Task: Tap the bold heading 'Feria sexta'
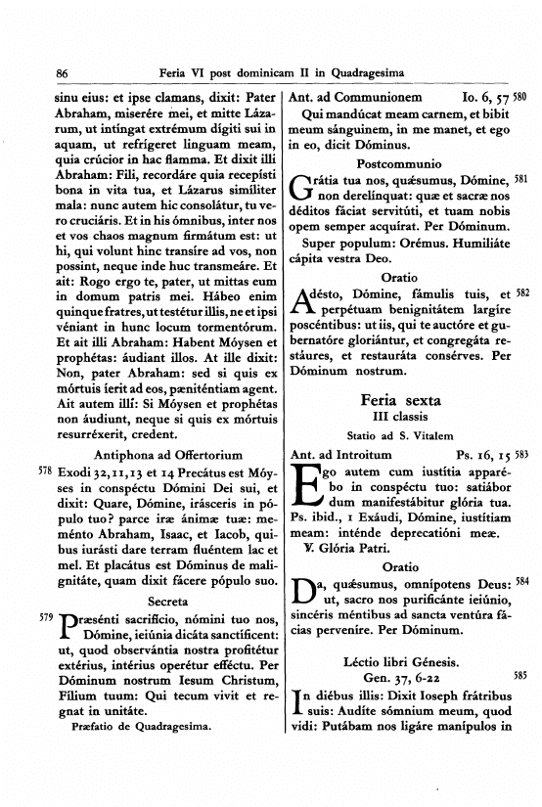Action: (400, 400)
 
